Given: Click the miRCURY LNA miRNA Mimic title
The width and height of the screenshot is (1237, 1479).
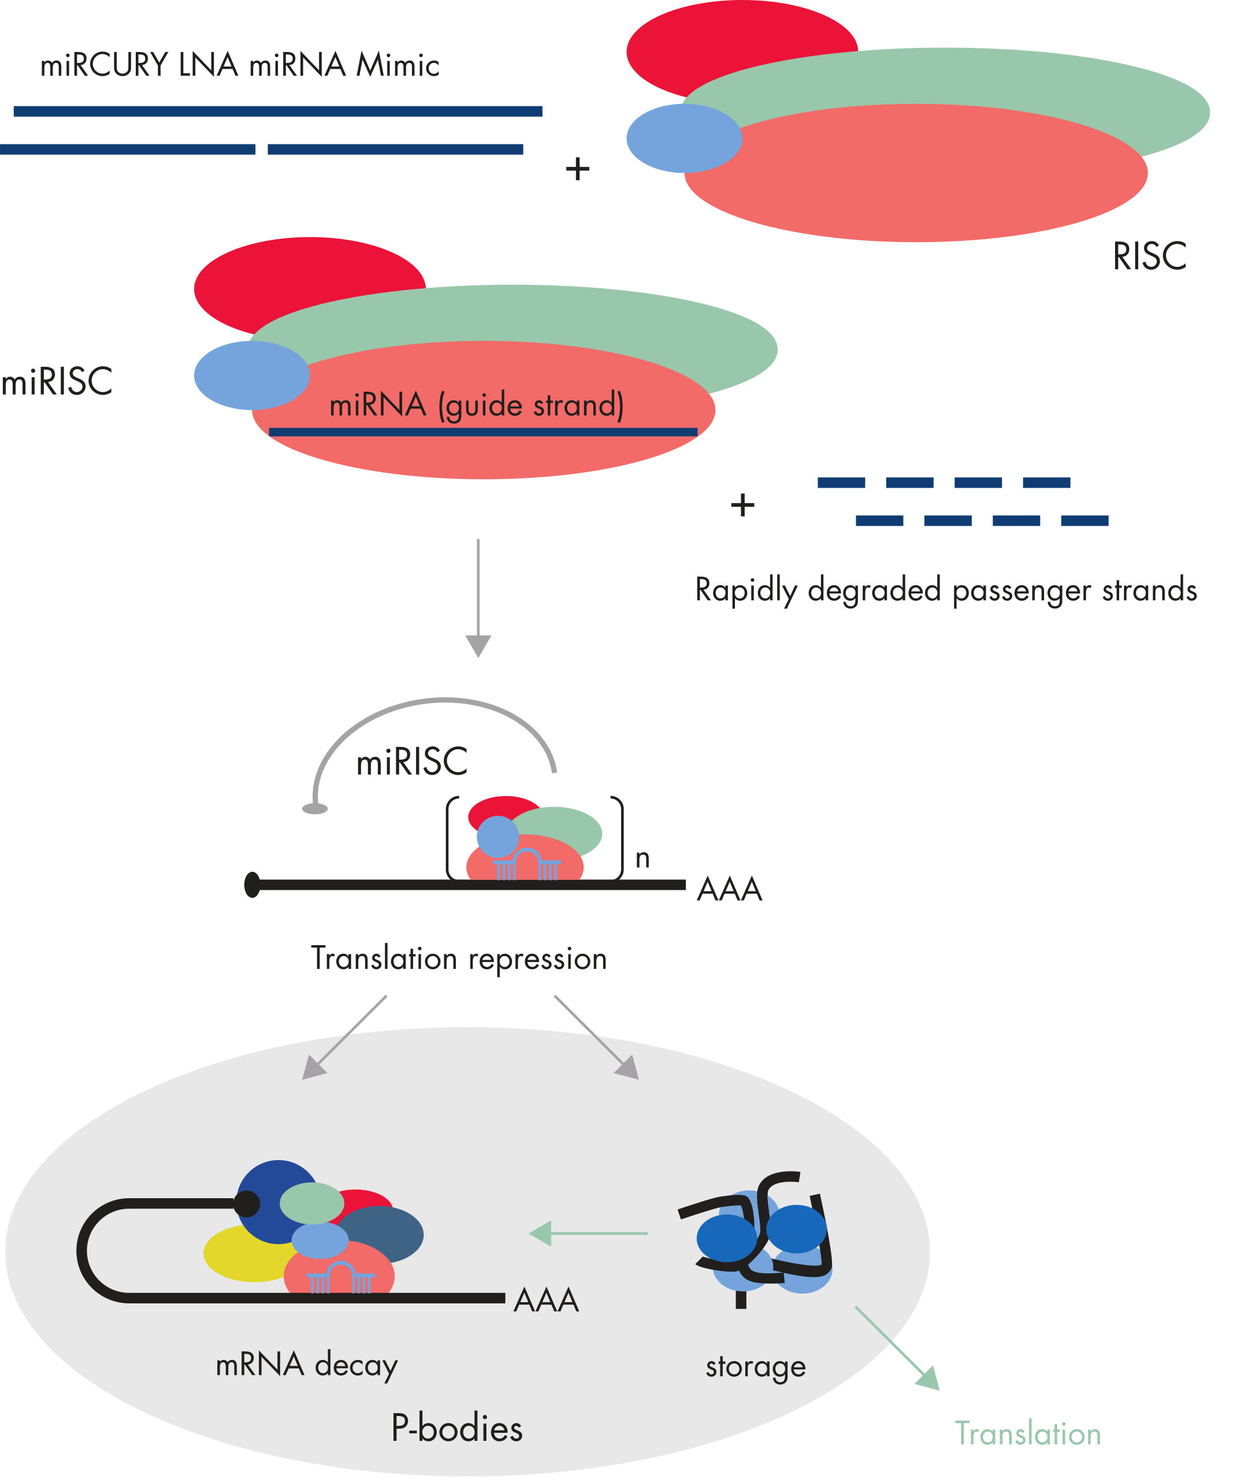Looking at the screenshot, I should point(240,65).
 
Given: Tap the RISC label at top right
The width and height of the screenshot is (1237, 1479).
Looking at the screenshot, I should point(1149,257).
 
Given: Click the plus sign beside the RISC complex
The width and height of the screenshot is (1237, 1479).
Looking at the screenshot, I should point(577,169).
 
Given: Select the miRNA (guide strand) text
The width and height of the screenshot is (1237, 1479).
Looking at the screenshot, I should point(476,405).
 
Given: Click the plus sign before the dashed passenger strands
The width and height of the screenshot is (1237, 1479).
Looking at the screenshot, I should point(742,505).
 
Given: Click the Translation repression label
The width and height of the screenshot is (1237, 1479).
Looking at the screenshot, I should point(459,958).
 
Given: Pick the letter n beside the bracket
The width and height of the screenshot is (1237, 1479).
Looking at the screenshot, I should point(642,859).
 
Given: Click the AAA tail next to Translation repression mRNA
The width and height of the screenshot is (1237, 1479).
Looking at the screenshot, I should point(729,890).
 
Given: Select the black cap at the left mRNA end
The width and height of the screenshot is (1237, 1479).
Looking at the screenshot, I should point(252,885).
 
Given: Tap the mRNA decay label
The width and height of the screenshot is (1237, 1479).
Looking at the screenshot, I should point(306,1365).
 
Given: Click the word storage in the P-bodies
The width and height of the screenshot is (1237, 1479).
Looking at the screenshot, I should point(755,1366).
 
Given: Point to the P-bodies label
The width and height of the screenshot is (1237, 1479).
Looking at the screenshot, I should point(456,1428).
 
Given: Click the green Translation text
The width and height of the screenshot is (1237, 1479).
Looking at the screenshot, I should point(1027,1434).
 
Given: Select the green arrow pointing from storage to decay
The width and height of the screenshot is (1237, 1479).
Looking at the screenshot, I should point(588,1233).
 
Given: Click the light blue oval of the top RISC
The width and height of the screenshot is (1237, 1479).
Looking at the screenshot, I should point(683,138).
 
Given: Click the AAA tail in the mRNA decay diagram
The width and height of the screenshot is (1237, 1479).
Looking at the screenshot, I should point(546,1300).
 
